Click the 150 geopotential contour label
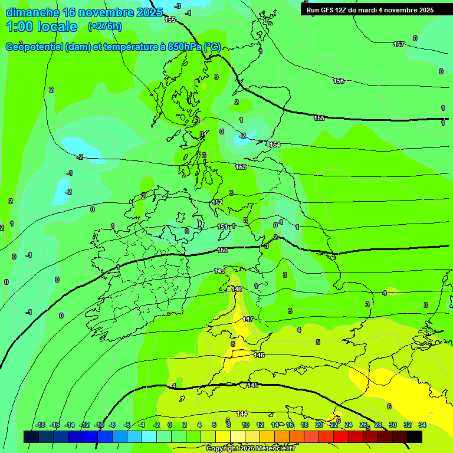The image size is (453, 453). (222, 251)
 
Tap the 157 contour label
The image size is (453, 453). (399, 45)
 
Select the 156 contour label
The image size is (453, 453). (339, 81)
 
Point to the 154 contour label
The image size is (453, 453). (275, 145)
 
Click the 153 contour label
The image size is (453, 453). (241, 167)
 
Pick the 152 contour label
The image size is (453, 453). (217, 202)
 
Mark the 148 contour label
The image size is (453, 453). (237, 289)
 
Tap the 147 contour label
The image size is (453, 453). (248, 319)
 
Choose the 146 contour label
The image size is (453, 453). (259, 356)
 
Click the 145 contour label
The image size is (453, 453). (252, 385)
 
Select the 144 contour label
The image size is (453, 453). (242, 413)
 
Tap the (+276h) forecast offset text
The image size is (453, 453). (105, 26)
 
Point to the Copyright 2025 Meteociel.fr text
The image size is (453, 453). (250, 448)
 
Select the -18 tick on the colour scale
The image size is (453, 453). (40, 425)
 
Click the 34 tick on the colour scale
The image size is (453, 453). (422, 425)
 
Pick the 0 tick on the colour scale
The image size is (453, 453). (170, 425)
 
